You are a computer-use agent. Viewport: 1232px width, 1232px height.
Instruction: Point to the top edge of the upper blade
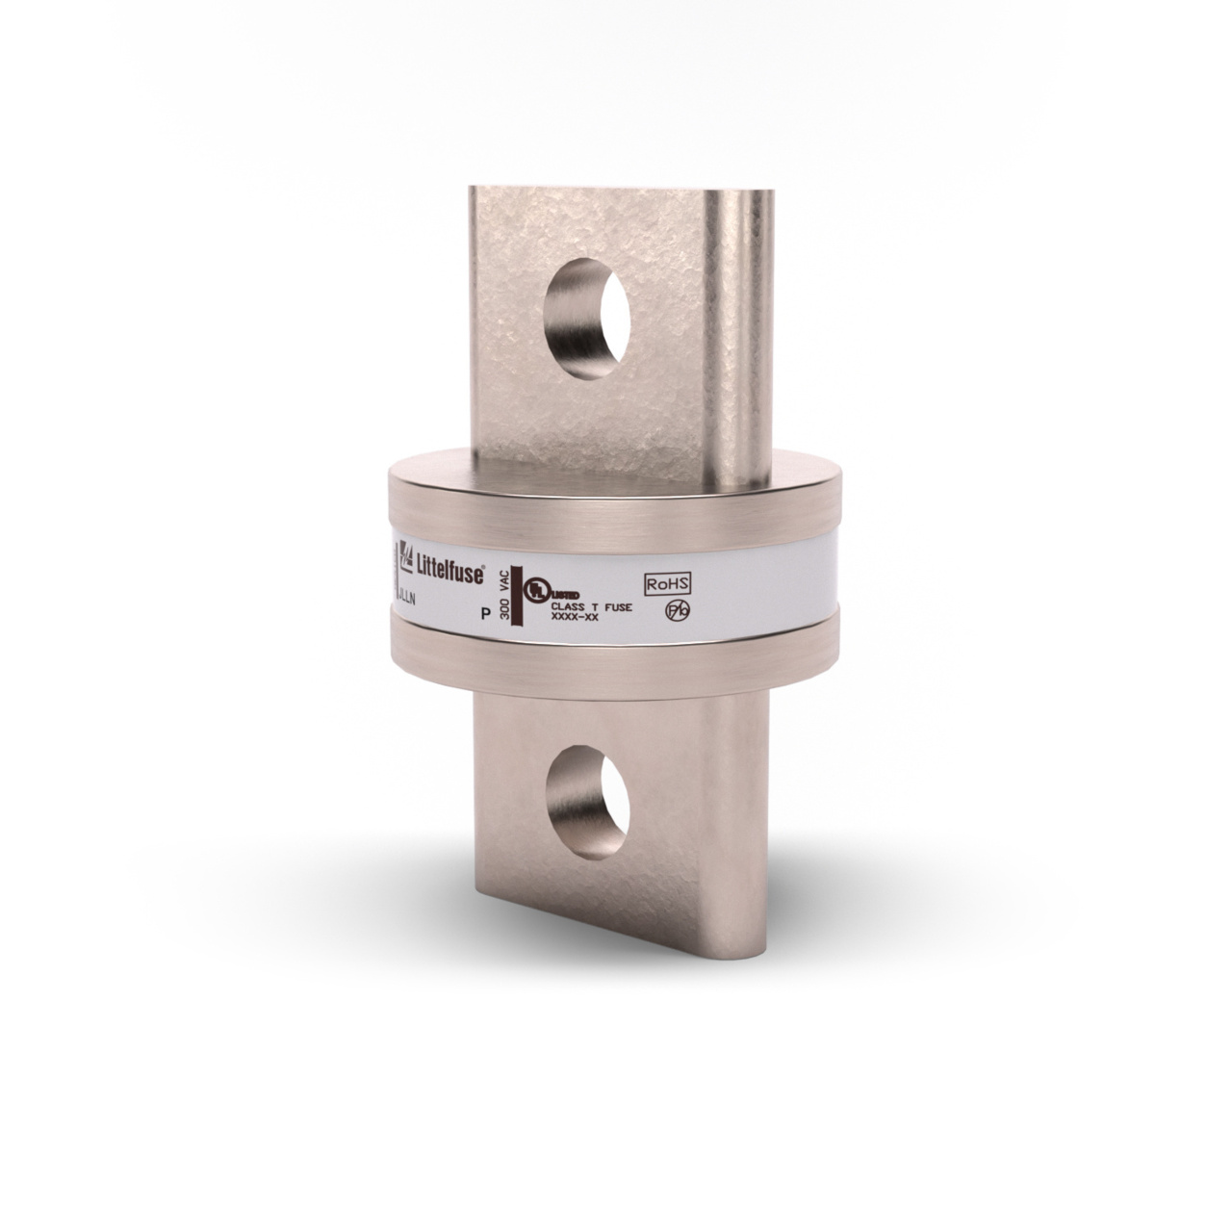[x=616, y=188]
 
